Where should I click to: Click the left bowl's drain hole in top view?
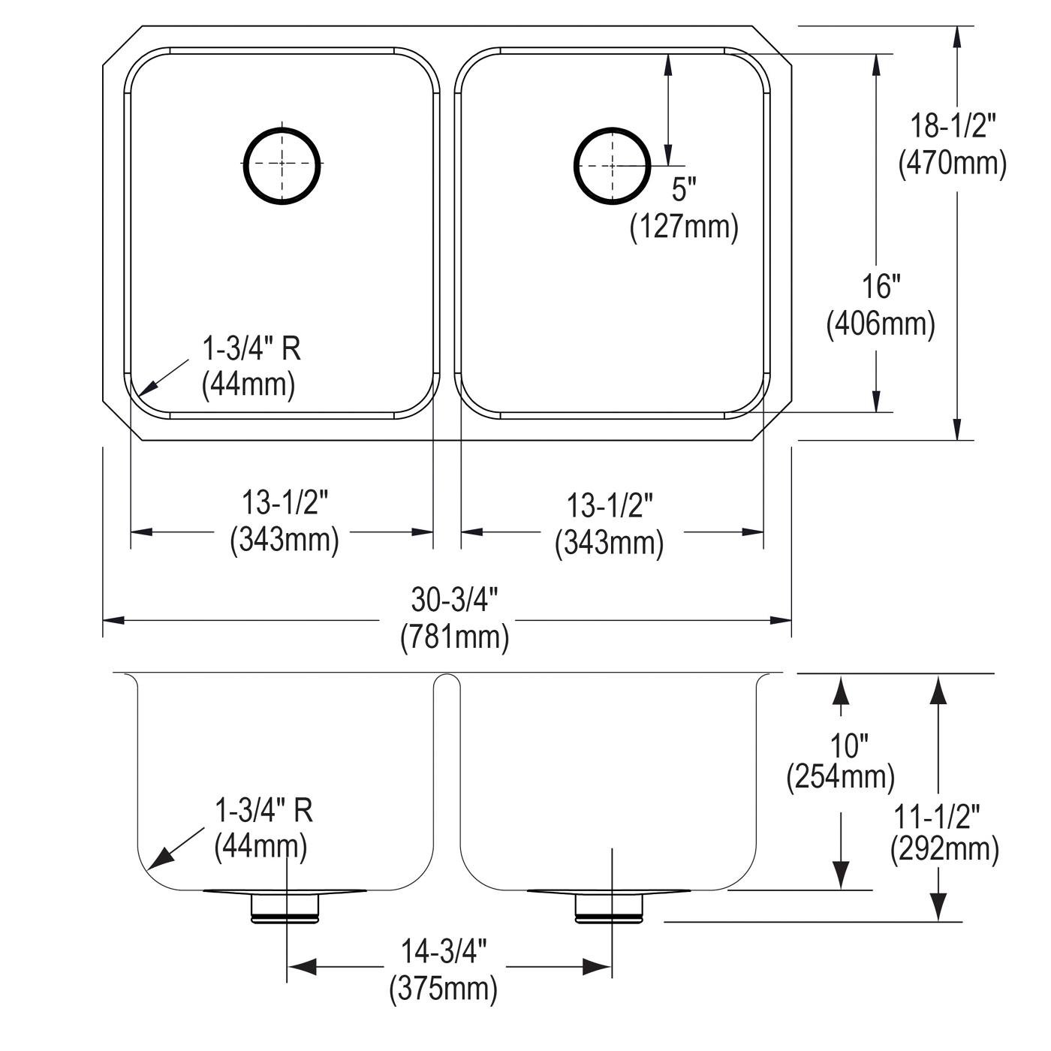282,128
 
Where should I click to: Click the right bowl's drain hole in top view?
612,128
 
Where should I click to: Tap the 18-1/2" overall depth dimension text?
953,127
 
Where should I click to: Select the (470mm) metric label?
953,163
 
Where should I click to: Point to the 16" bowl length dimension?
881,287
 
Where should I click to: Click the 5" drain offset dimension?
684,189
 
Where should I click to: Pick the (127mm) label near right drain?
684,226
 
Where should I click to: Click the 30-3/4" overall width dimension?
454,600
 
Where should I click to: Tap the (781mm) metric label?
454,637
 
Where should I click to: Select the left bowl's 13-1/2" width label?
285,502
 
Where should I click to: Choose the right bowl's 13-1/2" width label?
610,505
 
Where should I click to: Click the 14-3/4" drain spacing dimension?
444,952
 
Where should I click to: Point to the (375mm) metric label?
443,988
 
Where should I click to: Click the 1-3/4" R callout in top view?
251,348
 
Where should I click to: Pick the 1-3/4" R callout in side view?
264,810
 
